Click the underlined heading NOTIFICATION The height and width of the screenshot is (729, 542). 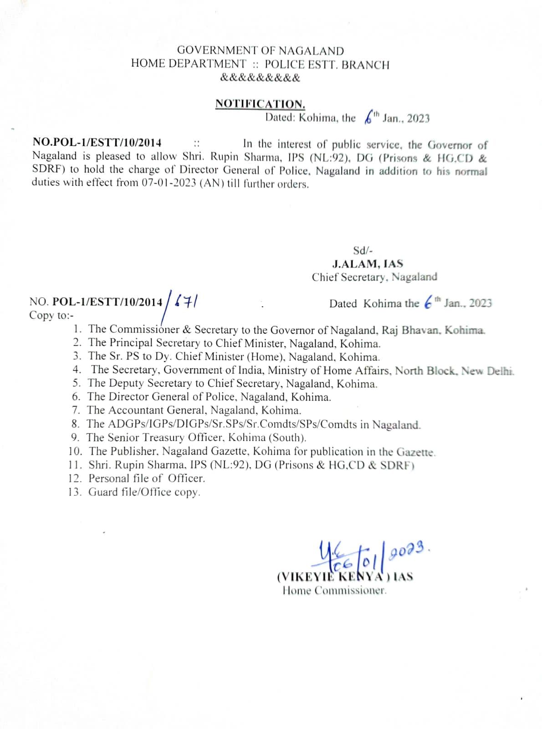pyautogui.click(x=260, y=104)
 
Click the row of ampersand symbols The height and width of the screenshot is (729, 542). pyautogui.click(x=260, y=77)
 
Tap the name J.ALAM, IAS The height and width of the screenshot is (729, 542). pyautogui.click(x=368, y=263)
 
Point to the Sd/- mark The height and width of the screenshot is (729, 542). pyautogui.click(x=363, y=250)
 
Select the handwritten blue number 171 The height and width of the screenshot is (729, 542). pyautogui.click(x=186, y=301)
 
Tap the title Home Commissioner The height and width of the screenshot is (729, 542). pyautogui.click(x=334, y=591)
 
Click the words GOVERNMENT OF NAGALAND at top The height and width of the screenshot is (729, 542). pyautogui.click(x=260, y=51)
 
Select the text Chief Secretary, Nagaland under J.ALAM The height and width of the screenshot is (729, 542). pyautogui.click(x=374, y=277)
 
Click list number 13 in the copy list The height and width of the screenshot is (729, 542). pyautogui.click(x=75, y=492)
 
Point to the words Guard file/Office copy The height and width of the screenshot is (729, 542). pyautogui.click(x=144, y=492)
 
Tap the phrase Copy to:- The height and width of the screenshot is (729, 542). pyautogui.click(x=51, y=315)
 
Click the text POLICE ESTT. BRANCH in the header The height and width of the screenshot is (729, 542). pyautogui.click(x=327, y=65)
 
